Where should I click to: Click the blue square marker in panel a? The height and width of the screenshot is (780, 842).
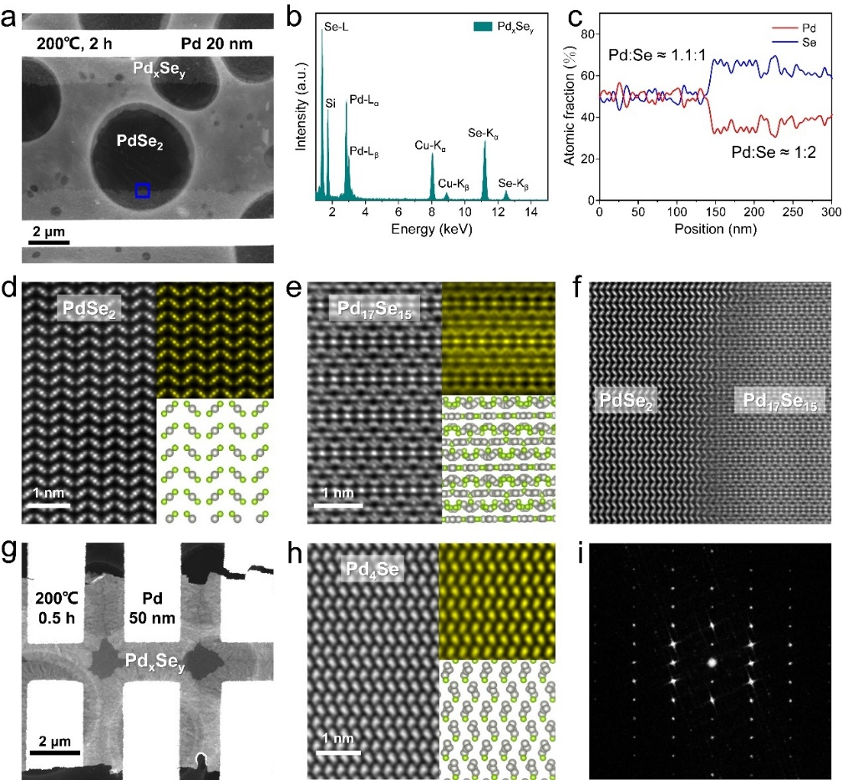click(143, 190)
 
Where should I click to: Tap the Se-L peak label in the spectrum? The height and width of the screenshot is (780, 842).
click(337, 27)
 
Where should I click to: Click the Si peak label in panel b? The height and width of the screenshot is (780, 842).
click(330, 104)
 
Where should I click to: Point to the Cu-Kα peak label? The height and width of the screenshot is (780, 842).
click(430, 145)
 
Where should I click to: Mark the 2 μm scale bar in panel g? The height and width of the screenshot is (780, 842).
click(55, 752)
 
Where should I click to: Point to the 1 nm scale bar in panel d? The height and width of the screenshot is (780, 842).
click(47, 504)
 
